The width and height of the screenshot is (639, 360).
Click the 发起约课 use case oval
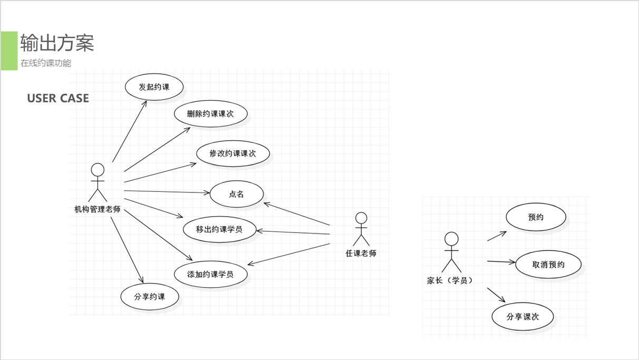(154, 87)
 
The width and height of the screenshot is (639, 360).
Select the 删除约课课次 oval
(210, 114)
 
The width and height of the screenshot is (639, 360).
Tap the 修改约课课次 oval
(233, 154)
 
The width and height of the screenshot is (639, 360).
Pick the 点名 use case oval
(237, 194)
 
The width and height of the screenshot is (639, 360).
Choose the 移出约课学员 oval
(219, 229)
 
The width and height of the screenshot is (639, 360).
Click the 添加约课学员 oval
(210, 274)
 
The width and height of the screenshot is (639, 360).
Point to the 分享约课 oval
(150, 297)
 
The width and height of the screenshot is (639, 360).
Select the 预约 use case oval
(536, 217)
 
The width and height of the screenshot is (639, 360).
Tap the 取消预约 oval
(548, 265)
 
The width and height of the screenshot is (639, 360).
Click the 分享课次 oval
(523, 317)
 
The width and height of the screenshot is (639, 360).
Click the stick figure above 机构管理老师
(97, 182)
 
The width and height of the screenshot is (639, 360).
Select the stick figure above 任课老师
(361, 229)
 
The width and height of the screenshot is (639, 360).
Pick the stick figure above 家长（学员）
(451, 252)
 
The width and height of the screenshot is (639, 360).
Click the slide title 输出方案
(57, 43)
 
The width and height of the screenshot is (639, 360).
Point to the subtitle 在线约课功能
(46, 63)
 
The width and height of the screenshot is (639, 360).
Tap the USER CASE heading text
(58, 99)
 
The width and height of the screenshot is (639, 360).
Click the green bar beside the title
(9, 51)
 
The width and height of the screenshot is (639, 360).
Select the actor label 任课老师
(361, 254)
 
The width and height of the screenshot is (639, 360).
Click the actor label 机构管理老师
(97, 209)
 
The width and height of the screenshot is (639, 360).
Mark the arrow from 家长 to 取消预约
(500, 261)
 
